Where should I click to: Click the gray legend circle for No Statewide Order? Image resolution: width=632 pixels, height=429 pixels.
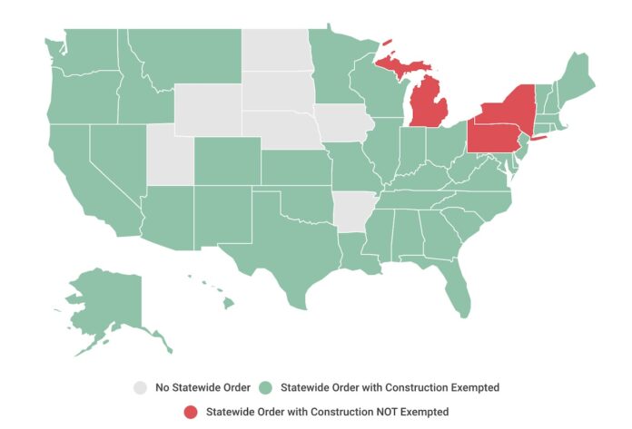139,387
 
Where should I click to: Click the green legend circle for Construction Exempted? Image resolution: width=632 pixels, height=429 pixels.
268,387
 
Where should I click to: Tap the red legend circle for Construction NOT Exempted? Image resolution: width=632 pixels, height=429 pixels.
192,412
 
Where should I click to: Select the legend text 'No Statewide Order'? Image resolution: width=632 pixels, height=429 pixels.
202,387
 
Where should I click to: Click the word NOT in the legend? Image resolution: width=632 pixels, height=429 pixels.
368,412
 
